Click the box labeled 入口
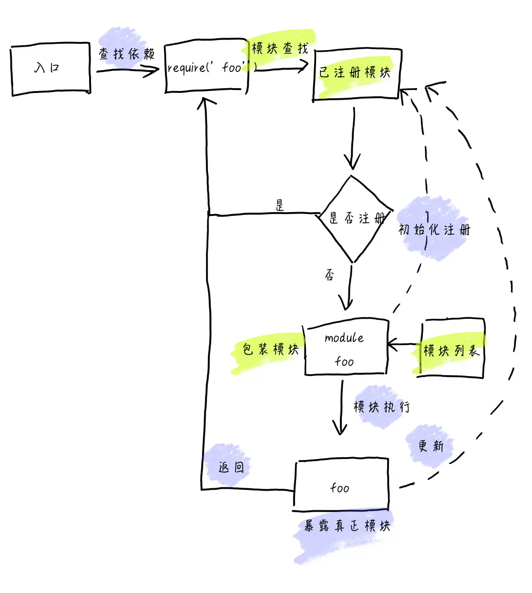click(x=51, y=69)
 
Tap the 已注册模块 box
click(x=356, y=73)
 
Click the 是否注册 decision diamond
click(x=354, y=218)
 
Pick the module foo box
click(x=346, y=348)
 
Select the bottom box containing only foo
click(x=341, y=486)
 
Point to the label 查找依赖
click(x=126, y=54)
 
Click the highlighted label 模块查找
click(x=280, y=48)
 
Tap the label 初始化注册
click(x=434, y=230)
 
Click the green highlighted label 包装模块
click(x=270, y=349)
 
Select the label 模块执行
click(x=381, y=407)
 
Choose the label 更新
click(x=430, y=446)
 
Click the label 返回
click(x=231, y=467)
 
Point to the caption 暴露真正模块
click(x=347, y=526)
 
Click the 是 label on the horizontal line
click(x=280, y=205)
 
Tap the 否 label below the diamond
click(x=329, y=275)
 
